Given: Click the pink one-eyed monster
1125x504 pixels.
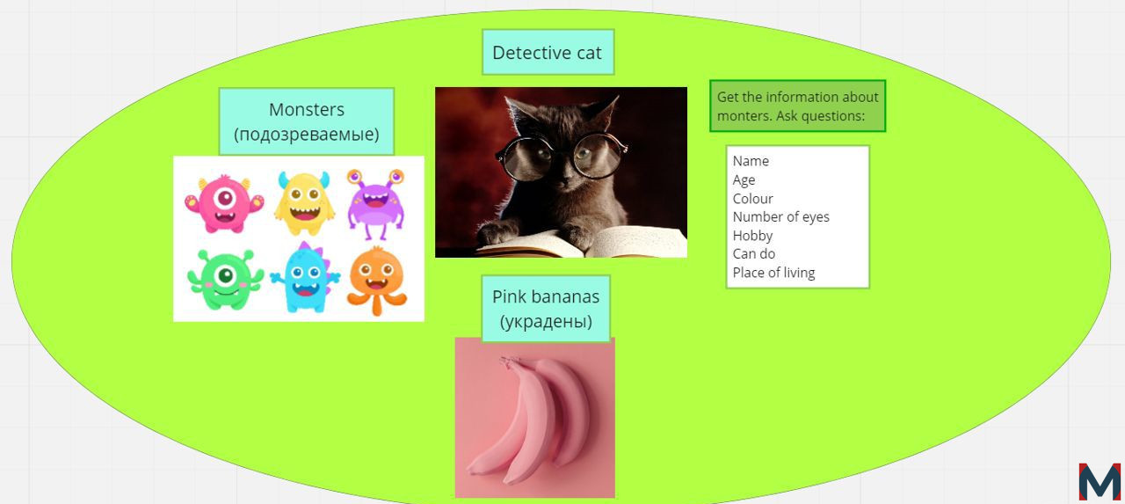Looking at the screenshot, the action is [x=224, y=204].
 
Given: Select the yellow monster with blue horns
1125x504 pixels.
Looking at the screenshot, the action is [x=304, y=202].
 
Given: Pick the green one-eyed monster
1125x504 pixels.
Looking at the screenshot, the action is [x=225, y=280].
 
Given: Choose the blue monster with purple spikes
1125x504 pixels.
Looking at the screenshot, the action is [x=305, y=278].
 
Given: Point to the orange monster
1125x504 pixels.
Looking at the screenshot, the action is [x=377, y=281].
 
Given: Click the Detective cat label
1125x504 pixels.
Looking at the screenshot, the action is [x=547, y=53].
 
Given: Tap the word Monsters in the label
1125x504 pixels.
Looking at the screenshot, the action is [x=307, y=110].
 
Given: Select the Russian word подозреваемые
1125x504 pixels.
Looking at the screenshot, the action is [x=307, y=135].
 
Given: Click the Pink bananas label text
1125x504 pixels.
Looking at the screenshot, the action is [x=546, y=296].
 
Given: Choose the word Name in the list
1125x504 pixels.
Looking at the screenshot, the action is [x=751, y=161].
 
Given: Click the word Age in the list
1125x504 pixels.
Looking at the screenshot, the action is [x=744, y=180].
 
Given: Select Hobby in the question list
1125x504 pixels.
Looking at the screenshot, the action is [x=752, y=236].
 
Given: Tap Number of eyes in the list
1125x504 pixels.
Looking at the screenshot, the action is [x=781, y=217].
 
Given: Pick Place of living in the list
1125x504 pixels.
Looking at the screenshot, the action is [x=773, y=273].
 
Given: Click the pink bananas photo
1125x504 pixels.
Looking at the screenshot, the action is [x=535, y=418].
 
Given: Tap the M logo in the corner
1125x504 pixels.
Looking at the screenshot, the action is [x=1100, y=481].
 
